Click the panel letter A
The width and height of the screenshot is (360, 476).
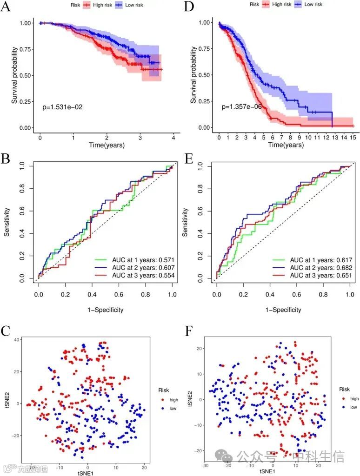[x=7, y=8]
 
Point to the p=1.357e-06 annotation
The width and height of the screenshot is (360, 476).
[x=241, y=107]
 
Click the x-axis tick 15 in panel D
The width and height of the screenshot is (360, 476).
[x=353, y=138]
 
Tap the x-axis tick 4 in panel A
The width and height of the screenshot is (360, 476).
[x=173, y=138]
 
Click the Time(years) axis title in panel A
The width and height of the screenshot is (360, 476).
[x=107, y=145]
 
